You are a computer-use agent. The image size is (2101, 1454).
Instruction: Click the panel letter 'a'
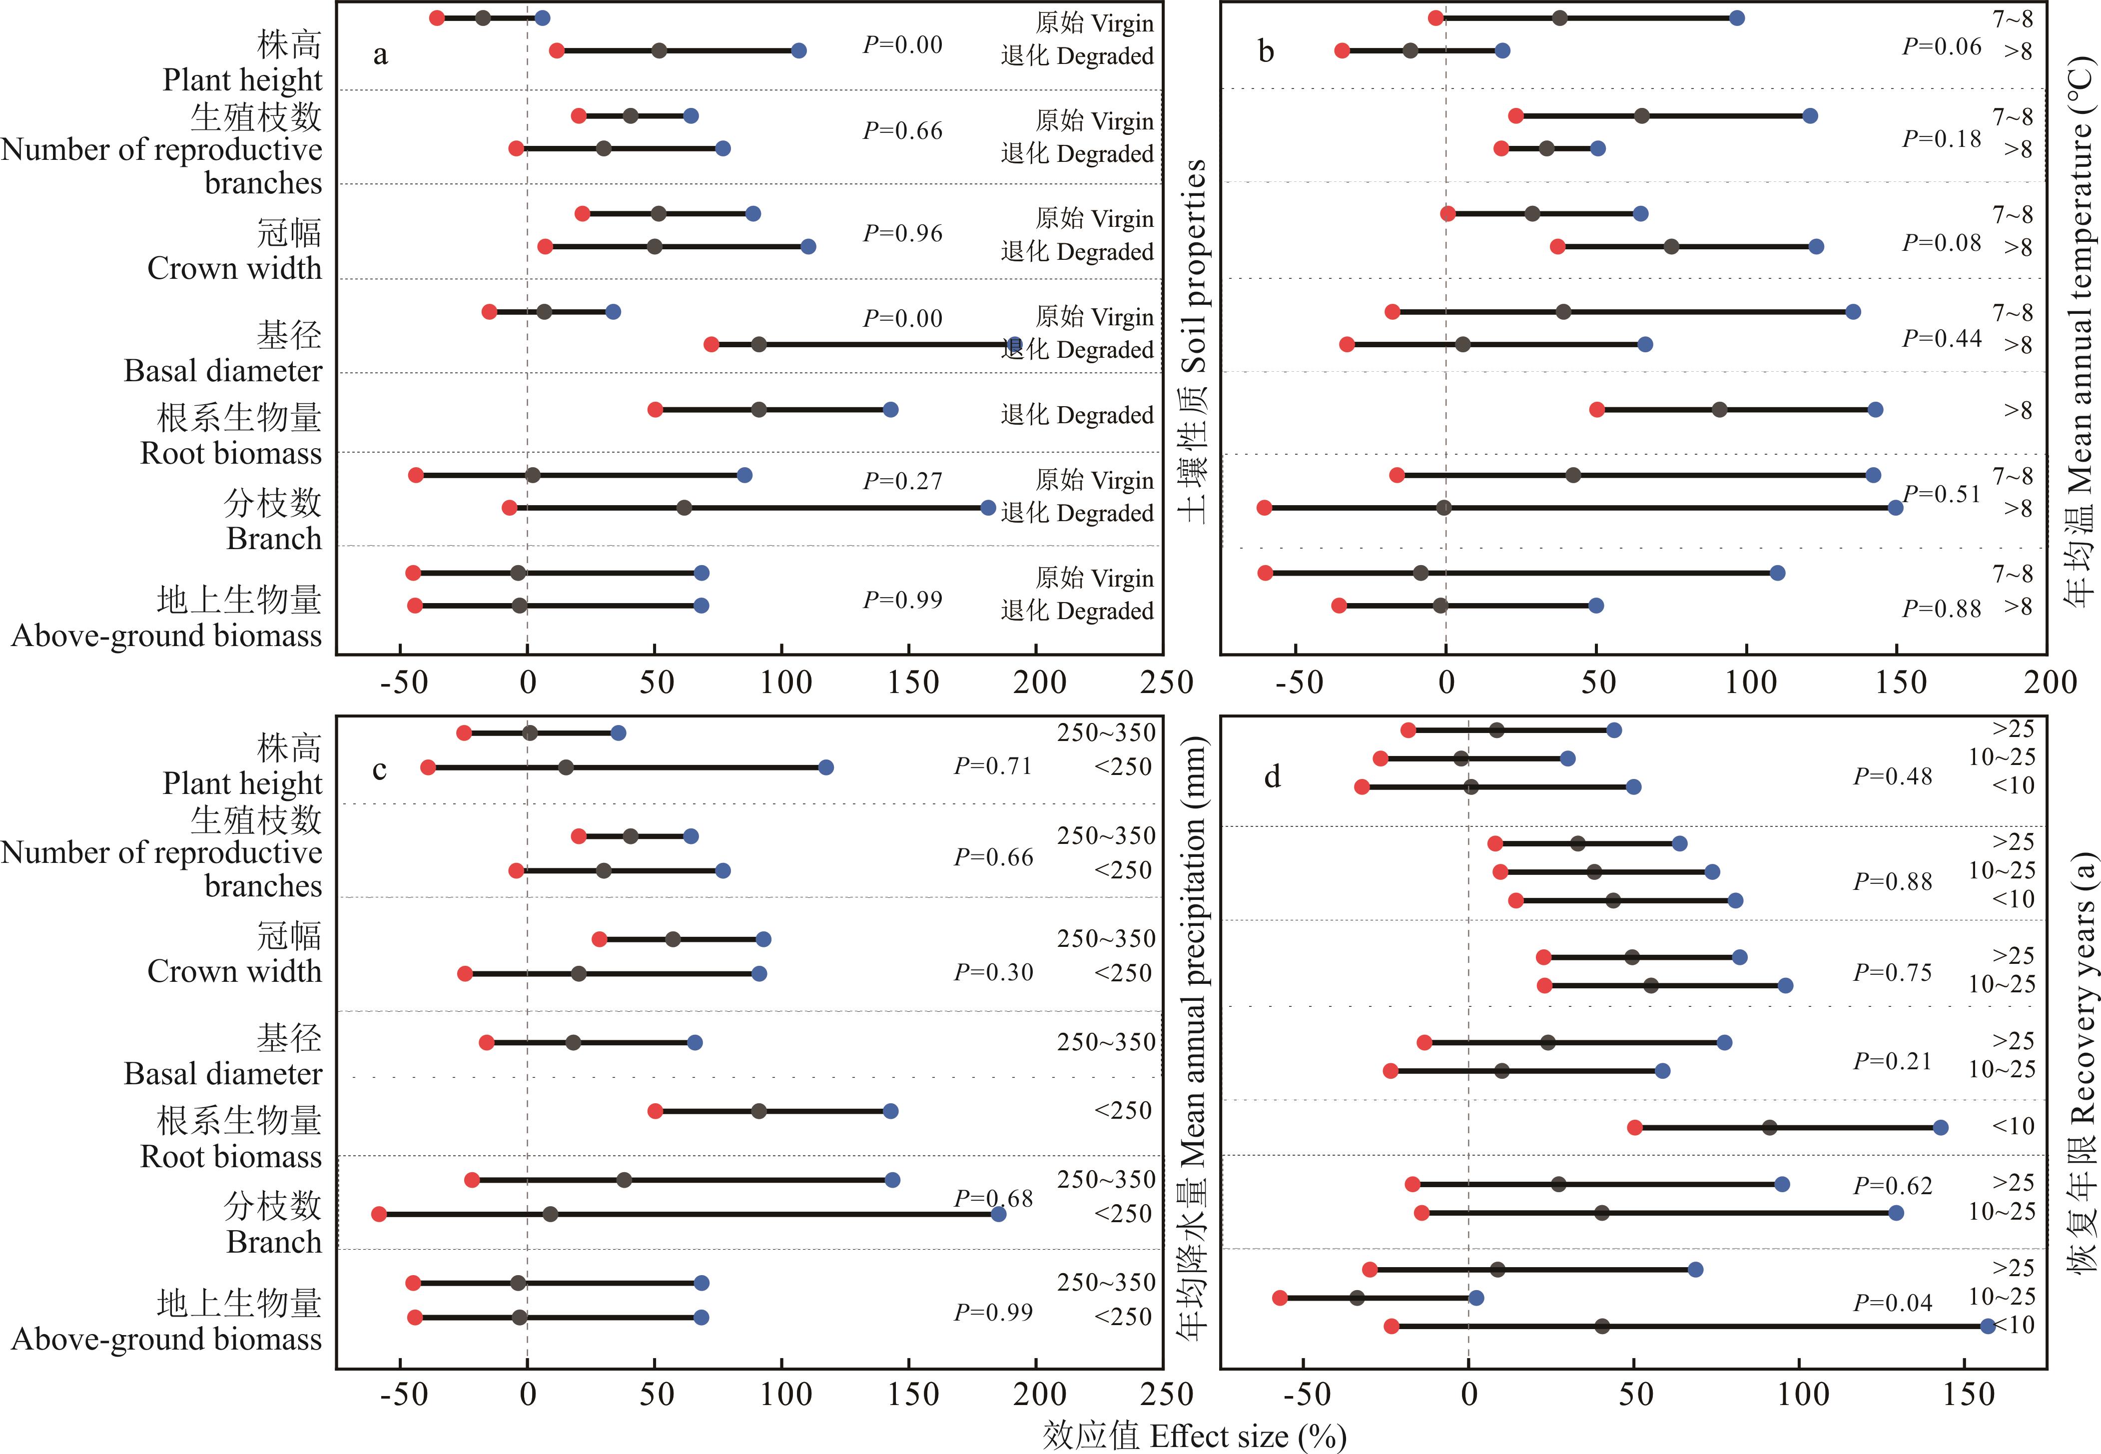381,54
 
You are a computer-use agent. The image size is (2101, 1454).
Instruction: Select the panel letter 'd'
1272,777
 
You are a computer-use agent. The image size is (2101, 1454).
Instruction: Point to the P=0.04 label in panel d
1892,1303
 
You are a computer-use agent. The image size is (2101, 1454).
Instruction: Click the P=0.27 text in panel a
902,480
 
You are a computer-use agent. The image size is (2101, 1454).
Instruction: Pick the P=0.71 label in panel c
993,766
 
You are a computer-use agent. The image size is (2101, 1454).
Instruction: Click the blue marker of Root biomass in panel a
890,410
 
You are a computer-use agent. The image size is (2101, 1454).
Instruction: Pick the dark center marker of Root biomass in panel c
758,1111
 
